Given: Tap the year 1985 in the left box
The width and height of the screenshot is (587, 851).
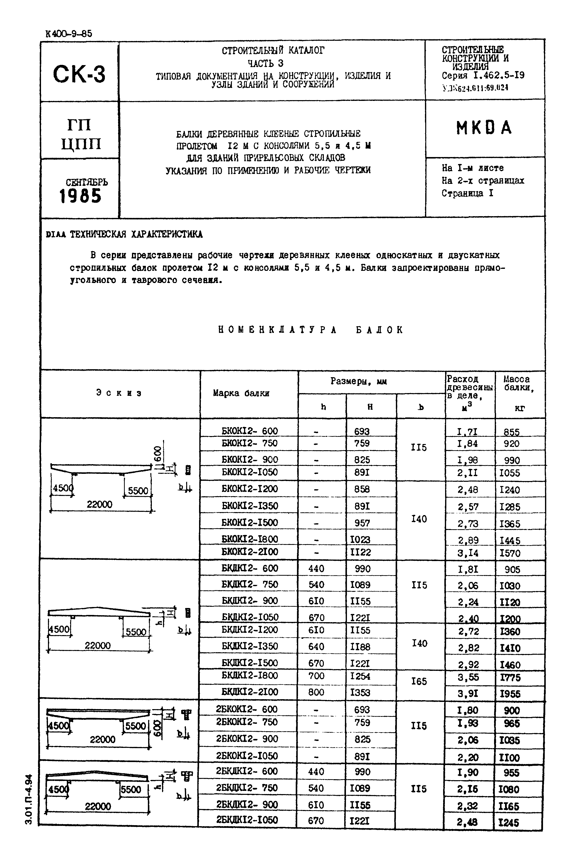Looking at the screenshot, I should pyautogui.click(x=80, y=196).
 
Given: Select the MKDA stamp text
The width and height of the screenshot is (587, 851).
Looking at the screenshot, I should pyautogui.click(x=484, y=128).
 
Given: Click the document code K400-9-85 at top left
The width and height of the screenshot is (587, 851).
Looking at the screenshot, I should pyautogui.click(x=69, y=34).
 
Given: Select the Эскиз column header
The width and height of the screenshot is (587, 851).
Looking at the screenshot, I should pyautogui.click(x=119, y=393).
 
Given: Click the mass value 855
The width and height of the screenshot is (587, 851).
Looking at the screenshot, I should pyautogui.click(x=511, y=432).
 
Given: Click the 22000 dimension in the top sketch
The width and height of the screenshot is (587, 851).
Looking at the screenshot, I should pyautogui.click(x=99, y=504).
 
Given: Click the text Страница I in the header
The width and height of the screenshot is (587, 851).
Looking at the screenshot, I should pyautogui.click(x=467, y=193).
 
